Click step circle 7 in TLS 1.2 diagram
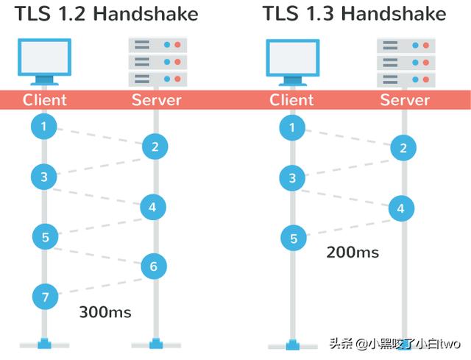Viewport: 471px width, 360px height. click(45, 297)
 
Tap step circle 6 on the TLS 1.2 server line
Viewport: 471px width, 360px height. click(154, 266)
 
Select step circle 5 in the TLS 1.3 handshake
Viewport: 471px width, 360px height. click(294, 238)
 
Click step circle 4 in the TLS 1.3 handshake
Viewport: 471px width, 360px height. click(401, 208)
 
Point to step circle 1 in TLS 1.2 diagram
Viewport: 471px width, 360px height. click(44, 127)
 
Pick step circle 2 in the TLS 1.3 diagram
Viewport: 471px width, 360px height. click(403, 148)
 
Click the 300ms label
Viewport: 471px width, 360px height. click(105, 312)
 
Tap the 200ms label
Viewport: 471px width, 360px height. click(353, 253)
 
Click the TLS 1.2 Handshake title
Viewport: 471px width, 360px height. click(107, 14)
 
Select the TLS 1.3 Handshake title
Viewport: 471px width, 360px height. click(354, 14)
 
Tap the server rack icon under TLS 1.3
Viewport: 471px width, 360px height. click(404, 62)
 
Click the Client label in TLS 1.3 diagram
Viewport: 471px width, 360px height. click(292, 100)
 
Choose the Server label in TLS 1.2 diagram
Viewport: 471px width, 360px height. click(156, 100)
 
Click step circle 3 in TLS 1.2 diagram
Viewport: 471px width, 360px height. click(44, 177)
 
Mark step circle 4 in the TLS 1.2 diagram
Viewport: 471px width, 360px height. click(153, 207)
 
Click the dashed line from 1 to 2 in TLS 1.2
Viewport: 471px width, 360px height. click(99, 138)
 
